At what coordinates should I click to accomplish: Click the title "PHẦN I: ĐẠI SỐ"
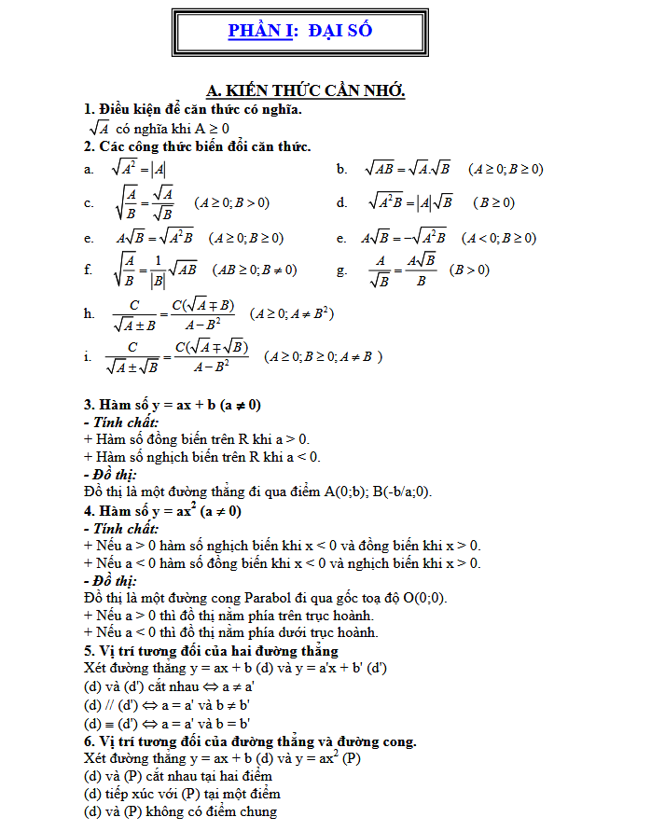point(300,31)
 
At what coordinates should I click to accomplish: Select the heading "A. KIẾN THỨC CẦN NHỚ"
point(305,90)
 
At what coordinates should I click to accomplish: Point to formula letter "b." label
point(342,169)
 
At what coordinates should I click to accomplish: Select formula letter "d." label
point(342,202)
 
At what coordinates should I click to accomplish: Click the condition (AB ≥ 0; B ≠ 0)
point(255,270)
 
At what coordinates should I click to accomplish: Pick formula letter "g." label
point(342,270)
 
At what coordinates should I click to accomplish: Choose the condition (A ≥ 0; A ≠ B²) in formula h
point(292,313)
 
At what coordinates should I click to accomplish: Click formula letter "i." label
point(87,356)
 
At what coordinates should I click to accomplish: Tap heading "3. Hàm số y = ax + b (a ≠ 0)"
point(173,405)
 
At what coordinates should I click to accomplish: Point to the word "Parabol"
point(274,598)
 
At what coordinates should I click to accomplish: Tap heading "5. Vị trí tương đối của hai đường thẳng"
point(211,650)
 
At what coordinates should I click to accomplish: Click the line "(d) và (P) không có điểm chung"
point(180,811)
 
